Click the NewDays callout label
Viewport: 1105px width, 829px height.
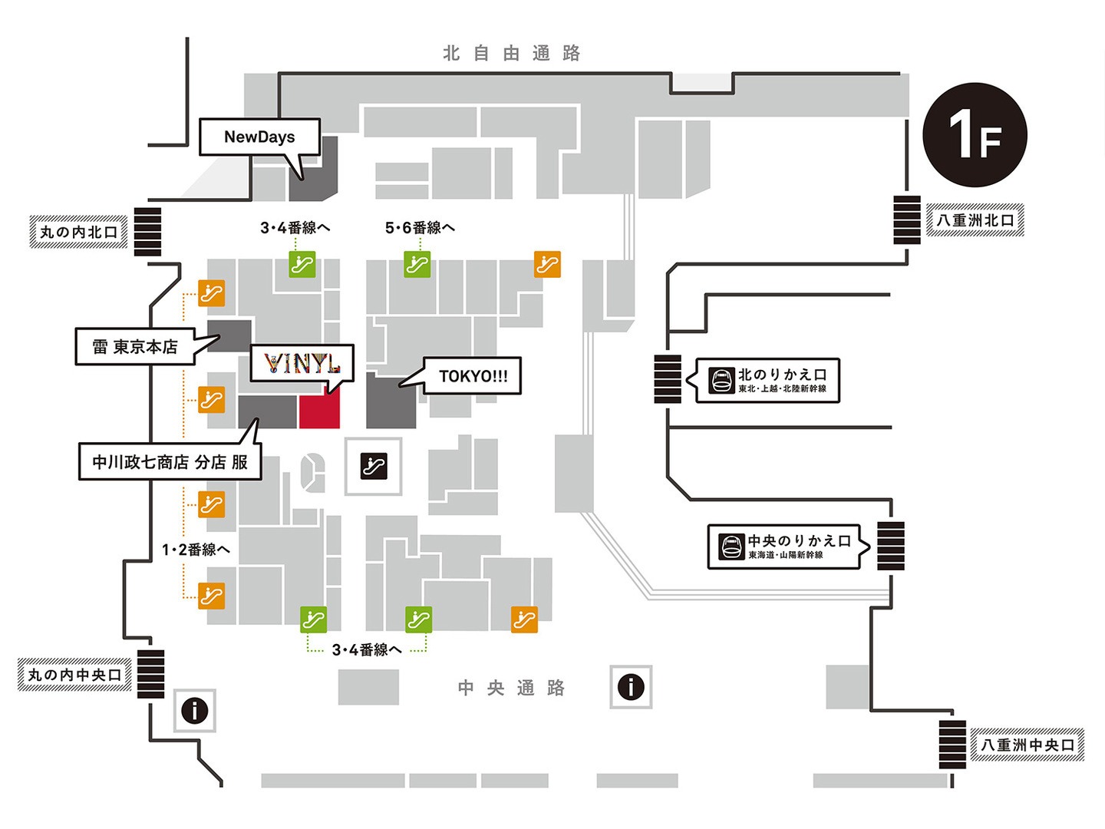coord(259,137)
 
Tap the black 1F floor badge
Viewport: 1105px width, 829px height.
coord(975,135)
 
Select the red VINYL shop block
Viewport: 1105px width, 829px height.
coord(319,412)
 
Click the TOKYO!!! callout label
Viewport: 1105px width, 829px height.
coord(473,376)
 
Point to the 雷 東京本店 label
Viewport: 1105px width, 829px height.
coord(135,347)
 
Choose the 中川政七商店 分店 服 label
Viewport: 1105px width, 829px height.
coord(170,462)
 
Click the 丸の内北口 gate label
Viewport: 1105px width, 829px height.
coord(78,232)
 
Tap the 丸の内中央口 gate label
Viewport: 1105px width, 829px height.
coord(74,675)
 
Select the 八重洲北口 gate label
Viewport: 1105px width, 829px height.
coord(975,220)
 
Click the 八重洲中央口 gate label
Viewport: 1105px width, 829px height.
coord(1027,745)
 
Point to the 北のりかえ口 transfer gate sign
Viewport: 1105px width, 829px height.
coord(767,380)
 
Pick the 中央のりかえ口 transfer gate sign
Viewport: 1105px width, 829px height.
coord(784,547)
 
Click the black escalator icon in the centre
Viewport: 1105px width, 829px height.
coord(374,465)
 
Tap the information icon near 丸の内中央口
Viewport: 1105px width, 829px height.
coord(195,711)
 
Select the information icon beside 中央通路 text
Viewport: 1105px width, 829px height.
coord(631,686)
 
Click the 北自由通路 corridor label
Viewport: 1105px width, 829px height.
coord(512,53)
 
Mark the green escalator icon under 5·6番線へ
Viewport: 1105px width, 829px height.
coord(417,264)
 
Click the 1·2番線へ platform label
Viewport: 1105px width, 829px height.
coord(196,550)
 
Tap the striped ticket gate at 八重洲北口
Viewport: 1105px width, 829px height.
coord(907,220)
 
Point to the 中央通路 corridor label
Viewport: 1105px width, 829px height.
coord(511,688)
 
